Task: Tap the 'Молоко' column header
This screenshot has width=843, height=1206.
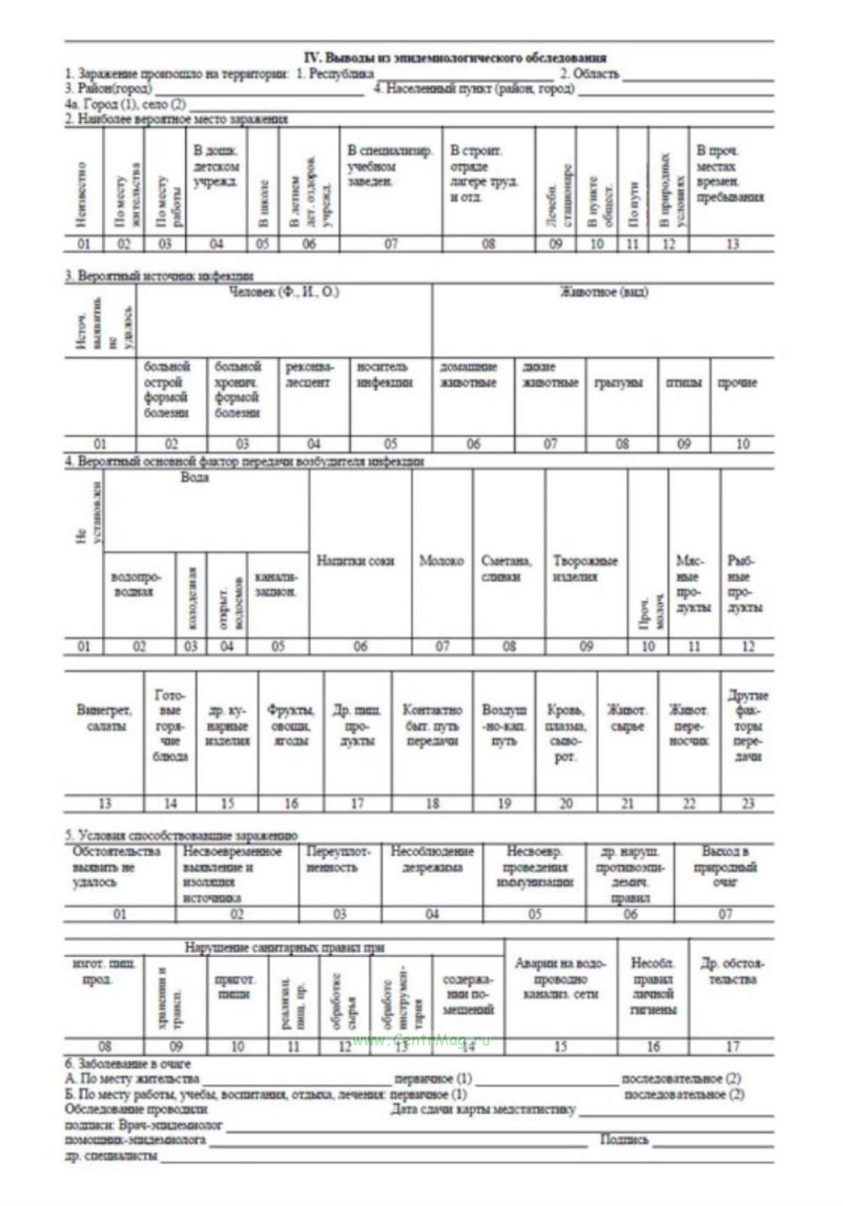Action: click(x=441, y=561)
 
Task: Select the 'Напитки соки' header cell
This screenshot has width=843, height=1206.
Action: click(x=355, y=561)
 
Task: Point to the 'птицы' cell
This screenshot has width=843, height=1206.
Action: click(x=683, y=383)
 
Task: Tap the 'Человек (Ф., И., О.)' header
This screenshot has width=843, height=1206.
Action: click(x=284, y=292)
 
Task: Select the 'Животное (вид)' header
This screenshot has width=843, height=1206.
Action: click(x=604, y=292)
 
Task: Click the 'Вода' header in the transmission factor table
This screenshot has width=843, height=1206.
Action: click(x=195, y=478)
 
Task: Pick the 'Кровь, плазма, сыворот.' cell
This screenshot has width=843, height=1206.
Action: click(x=565, y=733)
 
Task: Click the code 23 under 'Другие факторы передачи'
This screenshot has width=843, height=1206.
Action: click(x=747, y=804)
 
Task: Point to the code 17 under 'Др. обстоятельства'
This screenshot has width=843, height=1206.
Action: click(x=732, y=1046)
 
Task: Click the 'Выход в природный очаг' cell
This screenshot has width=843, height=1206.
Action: click(x=725, y=867)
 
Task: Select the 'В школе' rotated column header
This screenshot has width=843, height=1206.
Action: click(x=264, y=204)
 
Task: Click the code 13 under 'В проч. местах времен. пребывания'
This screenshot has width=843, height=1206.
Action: click(x=731, y=244)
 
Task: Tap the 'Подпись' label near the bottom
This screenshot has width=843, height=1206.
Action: click(x=624, y=1140)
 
